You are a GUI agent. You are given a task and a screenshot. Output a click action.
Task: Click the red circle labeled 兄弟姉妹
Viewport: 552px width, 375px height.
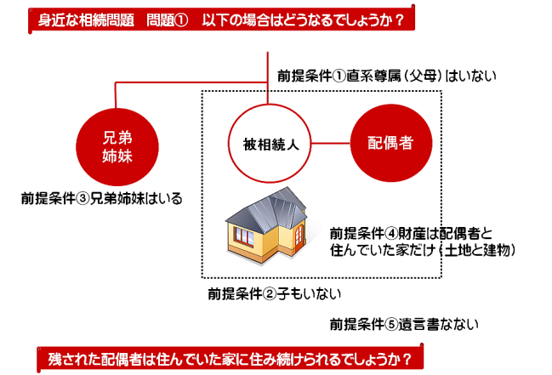coord(117,147)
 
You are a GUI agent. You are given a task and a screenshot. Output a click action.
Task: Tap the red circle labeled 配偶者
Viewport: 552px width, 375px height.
coord(391,143)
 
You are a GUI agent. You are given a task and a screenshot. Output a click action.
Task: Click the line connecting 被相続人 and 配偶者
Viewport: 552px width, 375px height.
coord(331,144)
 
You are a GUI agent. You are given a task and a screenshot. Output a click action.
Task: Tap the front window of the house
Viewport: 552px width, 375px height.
coord(244,236)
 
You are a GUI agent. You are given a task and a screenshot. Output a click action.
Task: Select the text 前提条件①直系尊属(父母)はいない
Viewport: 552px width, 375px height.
coord(386,76)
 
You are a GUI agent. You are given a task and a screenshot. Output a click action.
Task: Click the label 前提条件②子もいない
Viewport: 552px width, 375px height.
coord(275,293)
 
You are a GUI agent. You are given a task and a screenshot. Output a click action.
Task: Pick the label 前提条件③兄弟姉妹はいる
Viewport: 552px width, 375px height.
coord(102,199)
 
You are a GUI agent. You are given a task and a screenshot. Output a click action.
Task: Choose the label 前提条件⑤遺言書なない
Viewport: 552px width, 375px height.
coord(404,324)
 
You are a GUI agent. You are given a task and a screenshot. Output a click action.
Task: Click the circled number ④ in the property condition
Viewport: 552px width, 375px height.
coord(391,234)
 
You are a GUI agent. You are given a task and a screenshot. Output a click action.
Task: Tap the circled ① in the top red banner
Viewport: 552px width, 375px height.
coord(181,20)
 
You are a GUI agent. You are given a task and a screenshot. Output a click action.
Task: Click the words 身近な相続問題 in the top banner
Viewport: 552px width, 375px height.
coord(86,20)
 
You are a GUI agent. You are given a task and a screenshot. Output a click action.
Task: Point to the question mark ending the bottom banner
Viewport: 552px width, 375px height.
coord(407,360)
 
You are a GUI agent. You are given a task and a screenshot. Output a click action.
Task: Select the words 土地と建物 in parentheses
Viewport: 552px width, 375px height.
coord(477,250)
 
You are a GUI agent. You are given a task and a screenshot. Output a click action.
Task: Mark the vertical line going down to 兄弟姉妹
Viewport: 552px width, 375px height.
coord(116,95)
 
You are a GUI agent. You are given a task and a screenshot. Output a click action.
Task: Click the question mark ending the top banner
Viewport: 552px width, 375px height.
coord(399,20)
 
